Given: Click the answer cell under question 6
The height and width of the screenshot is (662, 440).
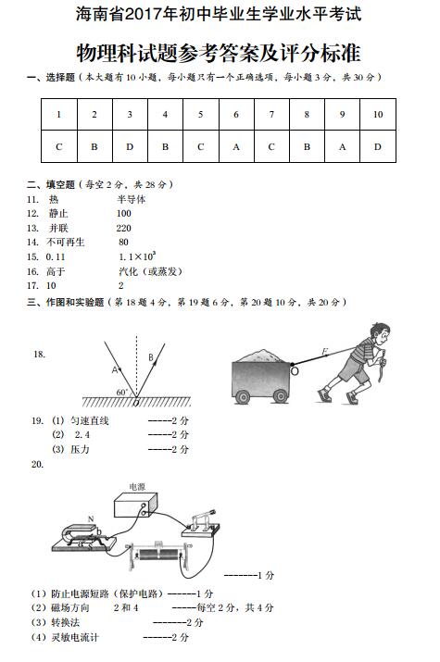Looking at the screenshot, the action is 235,146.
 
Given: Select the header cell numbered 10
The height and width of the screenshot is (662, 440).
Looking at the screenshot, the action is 377,114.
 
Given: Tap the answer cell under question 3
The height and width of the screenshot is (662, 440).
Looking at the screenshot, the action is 129,146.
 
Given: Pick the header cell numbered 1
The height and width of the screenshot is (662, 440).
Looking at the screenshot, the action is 58,114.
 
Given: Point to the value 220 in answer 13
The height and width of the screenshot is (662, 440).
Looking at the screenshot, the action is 123,228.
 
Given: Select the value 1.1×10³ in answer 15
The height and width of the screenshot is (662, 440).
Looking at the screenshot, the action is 136,256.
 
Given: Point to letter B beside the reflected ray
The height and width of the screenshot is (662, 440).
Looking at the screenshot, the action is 150,356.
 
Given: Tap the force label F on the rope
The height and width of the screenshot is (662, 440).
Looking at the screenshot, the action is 324,351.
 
